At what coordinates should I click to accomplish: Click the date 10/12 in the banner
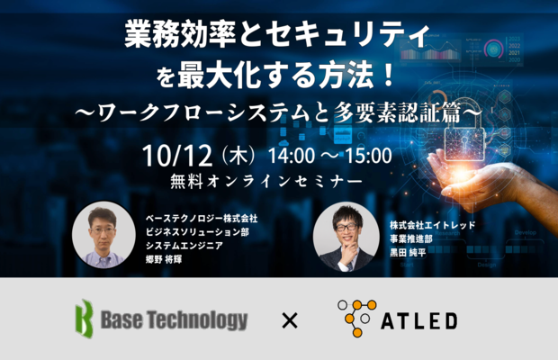(x=177, y=156)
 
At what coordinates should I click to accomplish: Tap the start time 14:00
(x=292, y=156)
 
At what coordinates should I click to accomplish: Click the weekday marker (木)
(x=238, y=157)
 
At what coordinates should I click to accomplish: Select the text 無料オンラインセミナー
(x=266, y=182)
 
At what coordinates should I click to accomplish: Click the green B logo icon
(x=85, y=319)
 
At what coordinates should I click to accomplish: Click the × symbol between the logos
(x=290, y=320)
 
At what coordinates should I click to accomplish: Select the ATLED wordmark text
(x=418, y=321)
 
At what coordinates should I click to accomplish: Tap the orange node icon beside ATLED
(x=357, y=318)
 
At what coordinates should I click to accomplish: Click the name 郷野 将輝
(x=164, y=259)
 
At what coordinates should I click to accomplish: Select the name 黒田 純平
(x=408, y=253)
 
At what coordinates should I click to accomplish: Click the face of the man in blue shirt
(x=103, y=231)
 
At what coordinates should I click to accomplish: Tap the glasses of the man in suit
(x=346, y=227)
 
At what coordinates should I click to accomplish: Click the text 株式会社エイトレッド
(x=432, y=225)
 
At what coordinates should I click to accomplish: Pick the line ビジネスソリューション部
(x=197, y=232)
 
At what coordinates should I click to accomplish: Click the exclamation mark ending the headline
(x=390, y=75)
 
